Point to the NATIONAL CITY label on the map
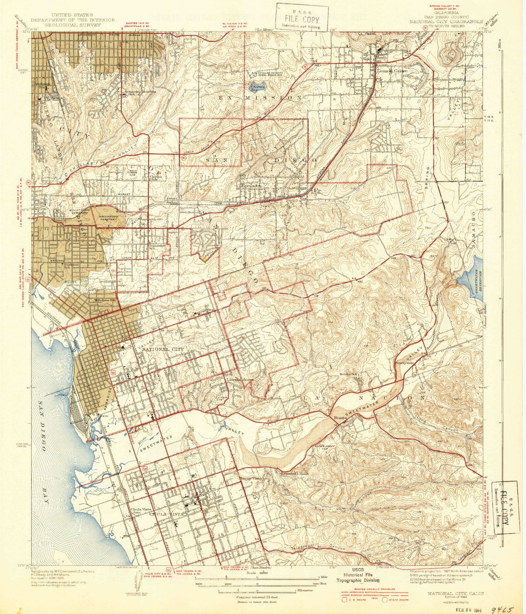[x=163, y=349]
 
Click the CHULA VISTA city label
[x=165, y=514]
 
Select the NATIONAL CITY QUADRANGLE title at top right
[x=446, y=21]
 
